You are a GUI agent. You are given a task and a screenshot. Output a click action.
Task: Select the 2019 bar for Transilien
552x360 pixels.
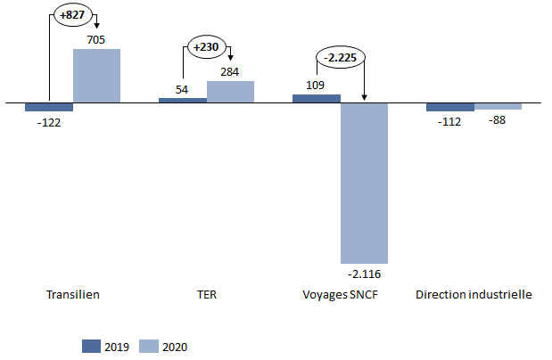(x=49, y=106)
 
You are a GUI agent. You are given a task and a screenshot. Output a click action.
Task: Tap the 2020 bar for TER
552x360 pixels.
(x=230, y=92)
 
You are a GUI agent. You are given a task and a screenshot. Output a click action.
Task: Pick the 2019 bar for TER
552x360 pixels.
(x=183, y=100)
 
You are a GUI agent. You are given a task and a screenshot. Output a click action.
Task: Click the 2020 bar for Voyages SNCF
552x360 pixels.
(x=364, y=182)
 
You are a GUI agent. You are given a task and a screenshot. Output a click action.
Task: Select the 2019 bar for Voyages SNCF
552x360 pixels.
(x=317, y=98)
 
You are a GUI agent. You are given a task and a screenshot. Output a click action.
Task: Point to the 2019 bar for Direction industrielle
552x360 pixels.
(x=450, y=107)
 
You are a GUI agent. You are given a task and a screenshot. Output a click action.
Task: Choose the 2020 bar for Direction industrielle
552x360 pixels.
(x=498, y=106)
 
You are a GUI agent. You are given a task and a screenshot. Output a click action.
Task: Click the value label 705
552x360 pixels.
(x=97, y=39)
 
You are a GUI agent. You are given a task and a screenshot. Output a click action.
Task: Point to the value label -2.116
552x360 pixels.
(x=364, y=273)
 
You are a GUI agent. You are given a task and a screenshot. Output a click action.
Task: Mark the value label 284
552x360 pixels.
(x=231, y=71)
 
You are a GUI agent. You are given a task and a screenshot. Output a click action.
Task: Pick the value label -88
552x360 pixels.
(x=498, y=121)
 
